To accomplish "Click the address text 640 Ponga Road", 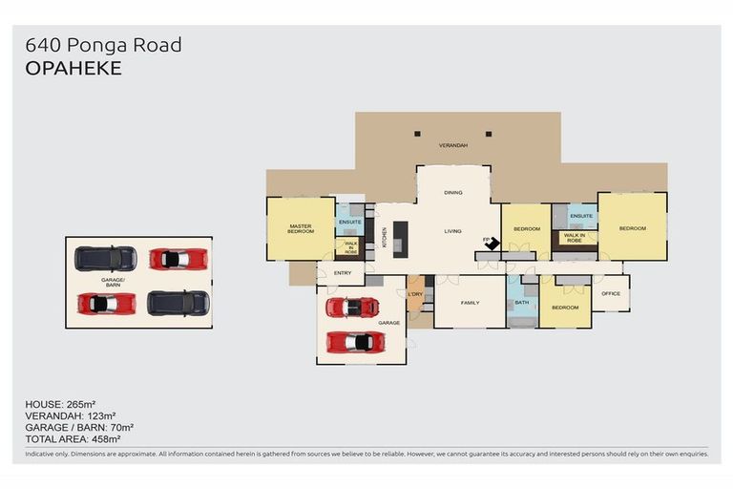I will [x=103, y=45].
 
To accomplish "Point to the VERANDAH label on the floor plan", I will [x=452, y=145].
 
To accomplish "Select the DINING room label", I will [x=452, y=193].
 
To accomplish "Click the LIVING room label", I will [x=452, y=231].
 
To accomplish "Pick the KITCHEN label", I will [x=385, y=237].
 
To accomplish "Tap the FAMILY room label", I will [x=470, y=303].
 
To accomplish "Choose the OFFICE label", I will [x=610, y=293].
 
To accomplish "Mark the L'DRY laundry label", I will [x=415, y=293].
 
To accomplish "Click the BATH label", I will [x=521, y=303].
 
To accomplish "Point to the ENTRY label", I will [x=342, y=273].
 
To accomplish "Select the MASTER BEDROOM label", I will [x=301, y=228].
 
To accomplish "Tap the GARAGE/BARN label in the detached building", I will [x=114, y=282].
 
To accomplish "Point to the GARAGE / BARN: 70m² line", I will [x=85, y=427].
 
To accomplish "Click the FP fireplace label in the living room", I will [x=485, y=239].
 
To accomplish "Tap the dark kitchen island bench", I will [x=401, y=238].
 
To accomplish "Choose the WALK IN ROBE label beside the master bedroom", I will [x=350, y=248].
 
